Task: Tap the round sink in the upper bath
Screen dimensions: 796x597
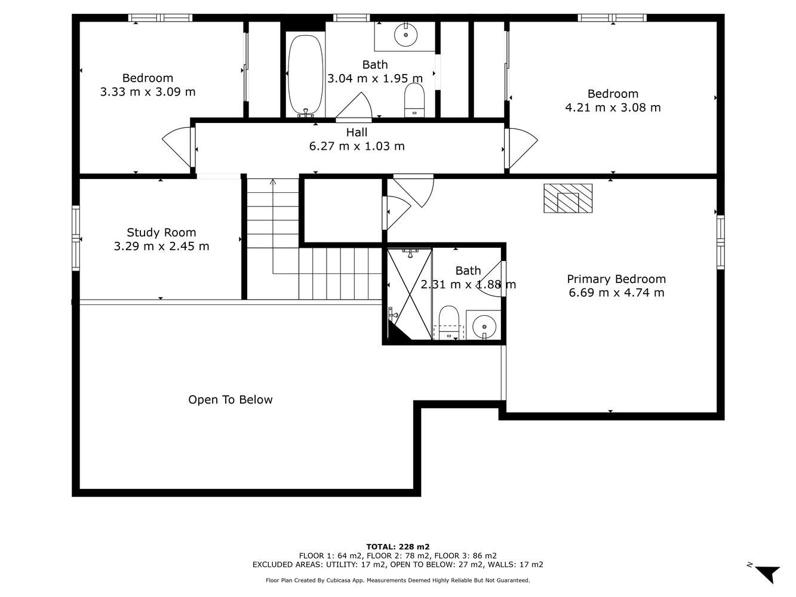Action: click(x=405, y=35)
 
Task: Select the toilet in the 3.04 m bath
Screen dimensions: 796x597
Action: click(x=414, y=100)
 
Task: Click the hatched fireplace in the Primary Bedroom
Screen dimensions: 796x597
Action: click(x=568, y=198)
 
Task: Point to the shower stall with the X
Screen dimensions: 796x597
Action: click(x=410, y=294)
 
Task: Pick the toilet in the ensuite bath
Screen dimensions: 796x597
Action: click(x=449, y=323)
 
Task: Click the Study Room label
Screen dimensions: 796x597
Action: click(x=161, y=232)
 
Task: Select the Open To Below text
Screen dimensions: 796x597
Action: click(x=230, y=400)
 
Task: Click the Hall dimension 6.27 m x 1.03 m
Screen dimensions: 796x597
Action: click(x=357, y=146)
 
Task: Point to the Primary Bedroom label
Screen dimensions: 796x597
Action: click(x=616, y=279)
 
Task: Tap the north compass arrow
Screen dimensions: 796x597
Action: click(x=768, y=573)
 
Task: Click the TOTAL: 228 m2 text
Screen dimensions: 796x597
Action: click(x=398, y=547)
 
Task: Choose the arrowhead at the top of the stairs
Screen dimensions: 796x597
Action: click(x=273, y=181)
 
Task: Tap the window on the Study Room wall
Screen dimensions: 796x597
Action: click(x=75, y=238)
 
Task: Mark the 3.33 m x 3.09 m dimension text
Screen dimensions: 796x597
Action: click(x=148, y=92)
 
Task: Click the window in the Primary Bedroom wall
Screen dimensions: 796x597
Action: click(x=721, y=242)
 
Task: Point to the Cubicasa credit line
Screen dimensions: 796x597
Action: click(x=398, y=580)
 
